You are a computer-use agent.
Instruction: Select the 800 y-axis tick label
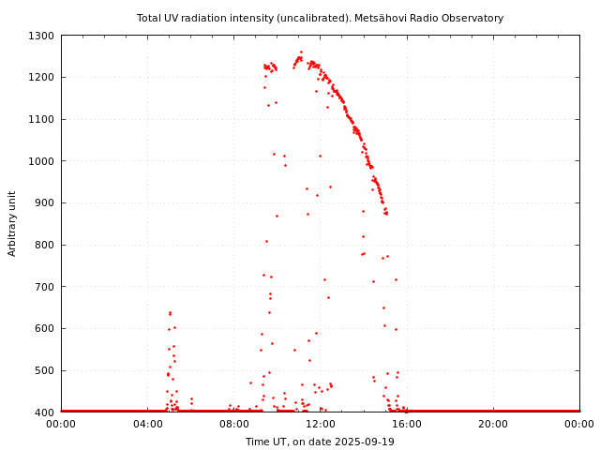pos(45,245)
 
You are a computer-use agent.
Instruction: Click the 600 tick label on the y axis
pos(45,328)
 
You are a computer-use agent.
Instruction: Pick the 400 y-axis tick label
pos(45,412)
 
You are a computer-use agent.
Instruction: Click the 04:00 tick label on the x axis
pos(147,425)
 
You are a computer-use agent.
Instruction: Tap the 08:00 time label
pos(233,425)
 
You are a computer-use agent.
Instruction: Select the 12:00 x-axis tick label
pos(321,425)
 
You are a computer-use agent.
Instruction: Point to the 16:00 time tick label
pos(407,425)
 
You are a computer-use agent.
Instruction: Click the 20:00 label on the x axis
pos(493,425)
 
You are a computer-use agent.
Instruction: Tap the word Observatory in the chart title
pos(475,18)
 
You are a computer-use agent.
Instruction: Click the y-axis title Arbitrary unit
pos(13,224)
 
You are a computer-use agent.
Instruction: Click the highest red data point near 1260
pos(301,52)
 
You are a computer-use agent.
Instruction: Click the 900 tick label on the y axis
pos(45,202)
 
